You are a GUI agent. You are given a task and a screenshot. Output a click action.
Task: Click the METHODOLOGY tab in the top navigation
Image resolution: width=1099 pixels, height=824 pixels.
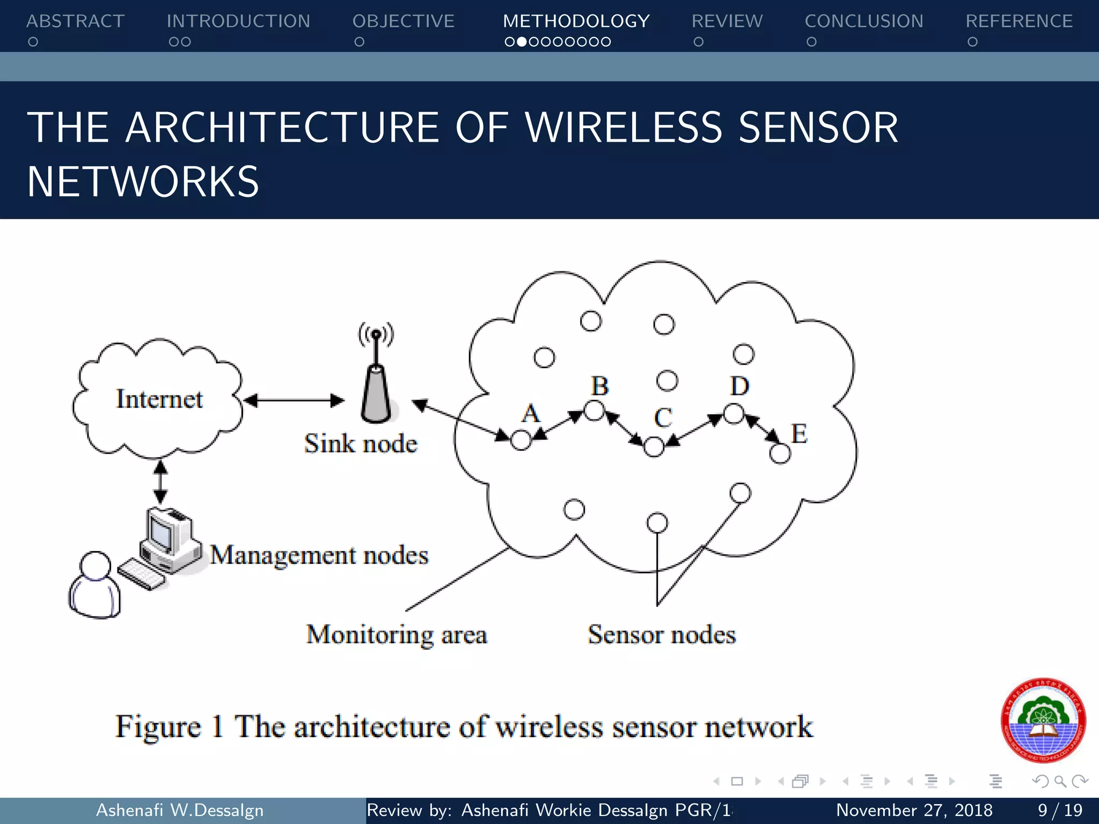(576, 21)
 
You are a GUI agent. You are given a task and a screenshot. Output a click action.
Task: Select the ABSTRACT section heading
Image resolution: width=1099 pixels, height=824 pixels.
(76, 21)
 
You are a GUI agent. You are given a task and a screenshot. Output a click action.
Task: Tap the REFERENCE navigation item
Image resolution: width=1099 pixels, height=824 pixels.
(1019, 21)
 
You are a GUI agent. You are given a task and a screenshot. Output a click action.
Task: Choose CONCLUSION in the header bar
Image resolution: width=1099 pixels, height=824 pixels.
(864, 21)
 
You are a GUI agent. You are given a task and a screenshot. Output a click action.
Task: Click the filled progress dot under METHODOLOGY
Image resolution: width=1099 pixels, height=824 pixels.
(521, 42)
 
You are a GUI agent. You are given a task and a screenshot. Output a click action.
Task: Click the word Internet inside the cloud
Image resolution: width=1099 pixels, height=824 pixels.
(159, 399)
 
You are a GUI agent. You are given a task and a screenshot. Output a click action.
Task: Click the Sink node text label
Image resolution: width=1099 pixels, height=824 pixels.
(361, 444)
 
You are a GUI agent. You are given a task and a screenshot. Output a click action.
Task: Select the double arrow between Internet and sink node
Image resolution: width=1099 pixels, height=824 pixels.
(294, 400)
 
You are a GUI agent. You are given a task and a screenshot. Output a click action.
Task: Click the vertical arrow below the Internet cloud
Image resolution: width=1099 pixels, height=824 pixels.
(160, 482)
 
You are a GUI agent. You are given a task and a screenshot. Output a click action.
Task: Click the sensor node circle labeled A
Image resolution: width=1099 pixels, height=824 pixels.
(521, 440)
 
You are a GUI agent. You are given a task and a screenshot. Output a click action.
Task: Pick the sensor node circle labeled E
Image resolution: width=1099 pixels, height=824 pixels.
(780, 454)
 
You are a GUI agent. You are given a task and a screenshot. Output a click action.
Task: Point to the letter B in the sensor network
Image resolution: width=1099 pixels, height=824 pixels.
(600, 386)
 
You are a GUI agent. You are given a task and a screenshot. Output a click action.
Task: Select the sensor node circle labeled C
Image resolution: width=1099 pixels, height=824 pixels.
(654, 446)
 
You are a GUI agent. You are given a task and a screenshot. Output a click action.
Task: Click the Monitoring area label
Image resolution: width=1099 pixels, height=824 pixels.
(397, 635)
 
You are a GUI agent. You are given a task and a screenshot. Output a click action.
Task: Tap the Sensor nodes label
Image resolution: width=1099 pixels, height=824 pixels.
(662, 635)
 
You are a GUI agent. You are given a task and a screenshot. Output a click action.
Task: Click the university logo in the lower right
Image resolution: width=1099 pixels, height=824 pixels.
(1043, 720)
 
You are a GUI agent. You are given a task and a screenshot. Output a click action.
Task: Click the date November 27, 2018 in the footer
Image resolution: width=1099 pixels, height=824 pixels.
(914, 810)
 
